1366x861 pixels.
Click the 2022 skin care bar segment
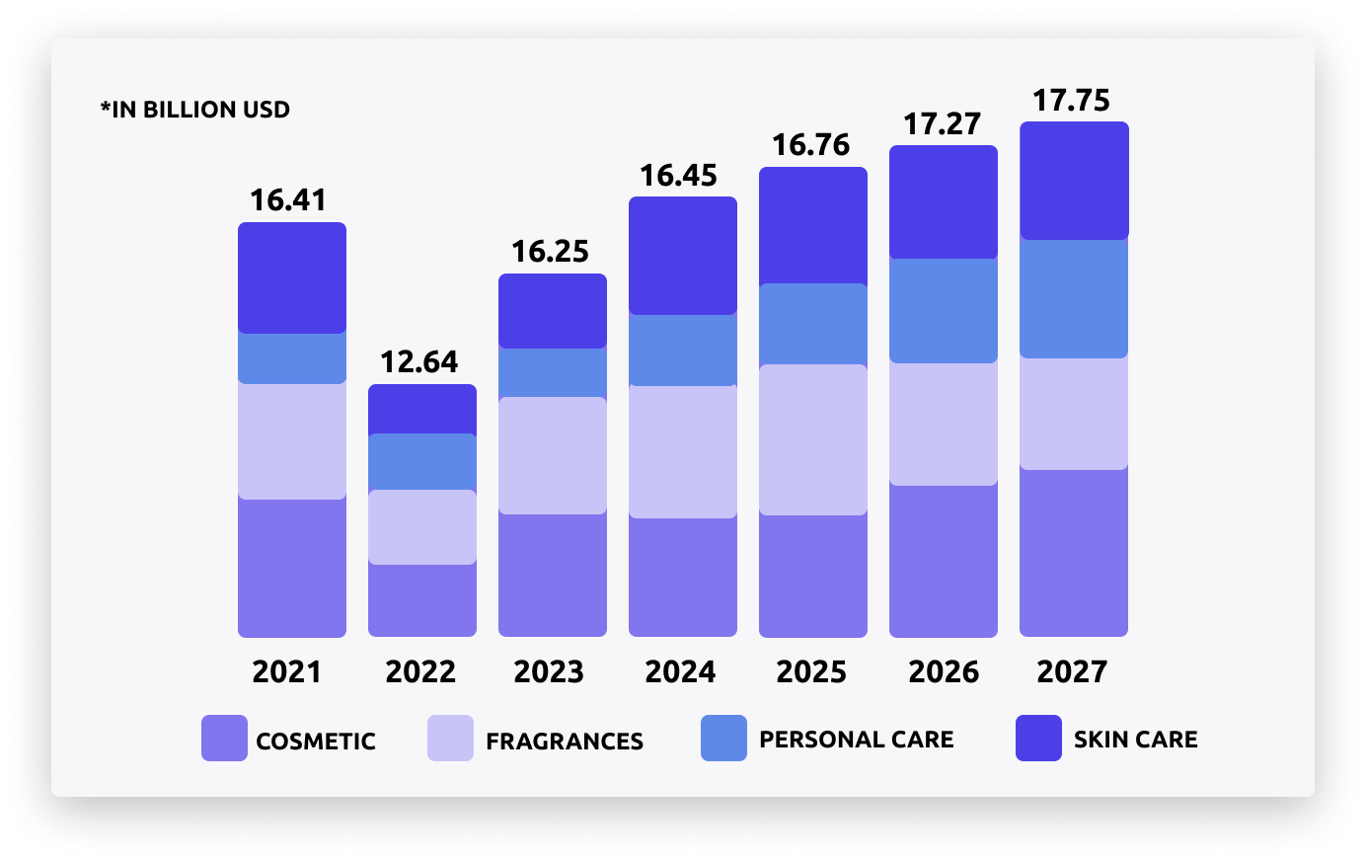point(422,409)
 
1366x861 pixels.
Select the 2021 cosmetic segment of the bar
point(292,568)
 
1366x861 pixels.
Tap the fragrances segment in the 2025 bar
point(813,439)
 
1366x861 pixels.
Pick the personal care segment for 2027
point(1074,298)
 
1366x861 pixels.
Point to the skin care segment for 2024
point(683,256)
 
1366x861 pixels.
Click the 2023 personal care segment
point(553,372)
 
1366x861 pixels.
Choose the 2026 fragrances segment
point(944,424)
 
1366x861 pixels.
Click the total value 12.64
point(419,362)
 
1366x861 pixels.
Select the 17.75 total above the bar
point(1071,101)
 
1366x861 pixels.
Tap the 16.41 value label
point(288,200)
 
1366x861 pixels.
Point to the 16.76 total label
point(810,145)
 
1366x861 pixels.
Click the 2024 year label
point(680,672)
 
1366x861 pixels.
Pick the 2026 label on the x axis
point(944,672)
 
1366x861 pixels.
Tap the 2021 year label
point(287,672)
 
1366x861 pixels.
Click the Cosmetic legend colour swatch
point(224,739)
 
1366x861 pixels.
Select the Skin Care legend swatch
point(1038,739)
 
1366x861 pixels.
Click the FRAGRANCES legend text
point(565,742)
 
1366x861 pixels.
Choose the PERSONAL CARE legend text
point(857,740)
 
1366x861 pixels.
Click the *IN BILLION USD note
point(195,110)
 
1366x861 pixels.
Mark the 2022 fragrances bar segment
point(422,527)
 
